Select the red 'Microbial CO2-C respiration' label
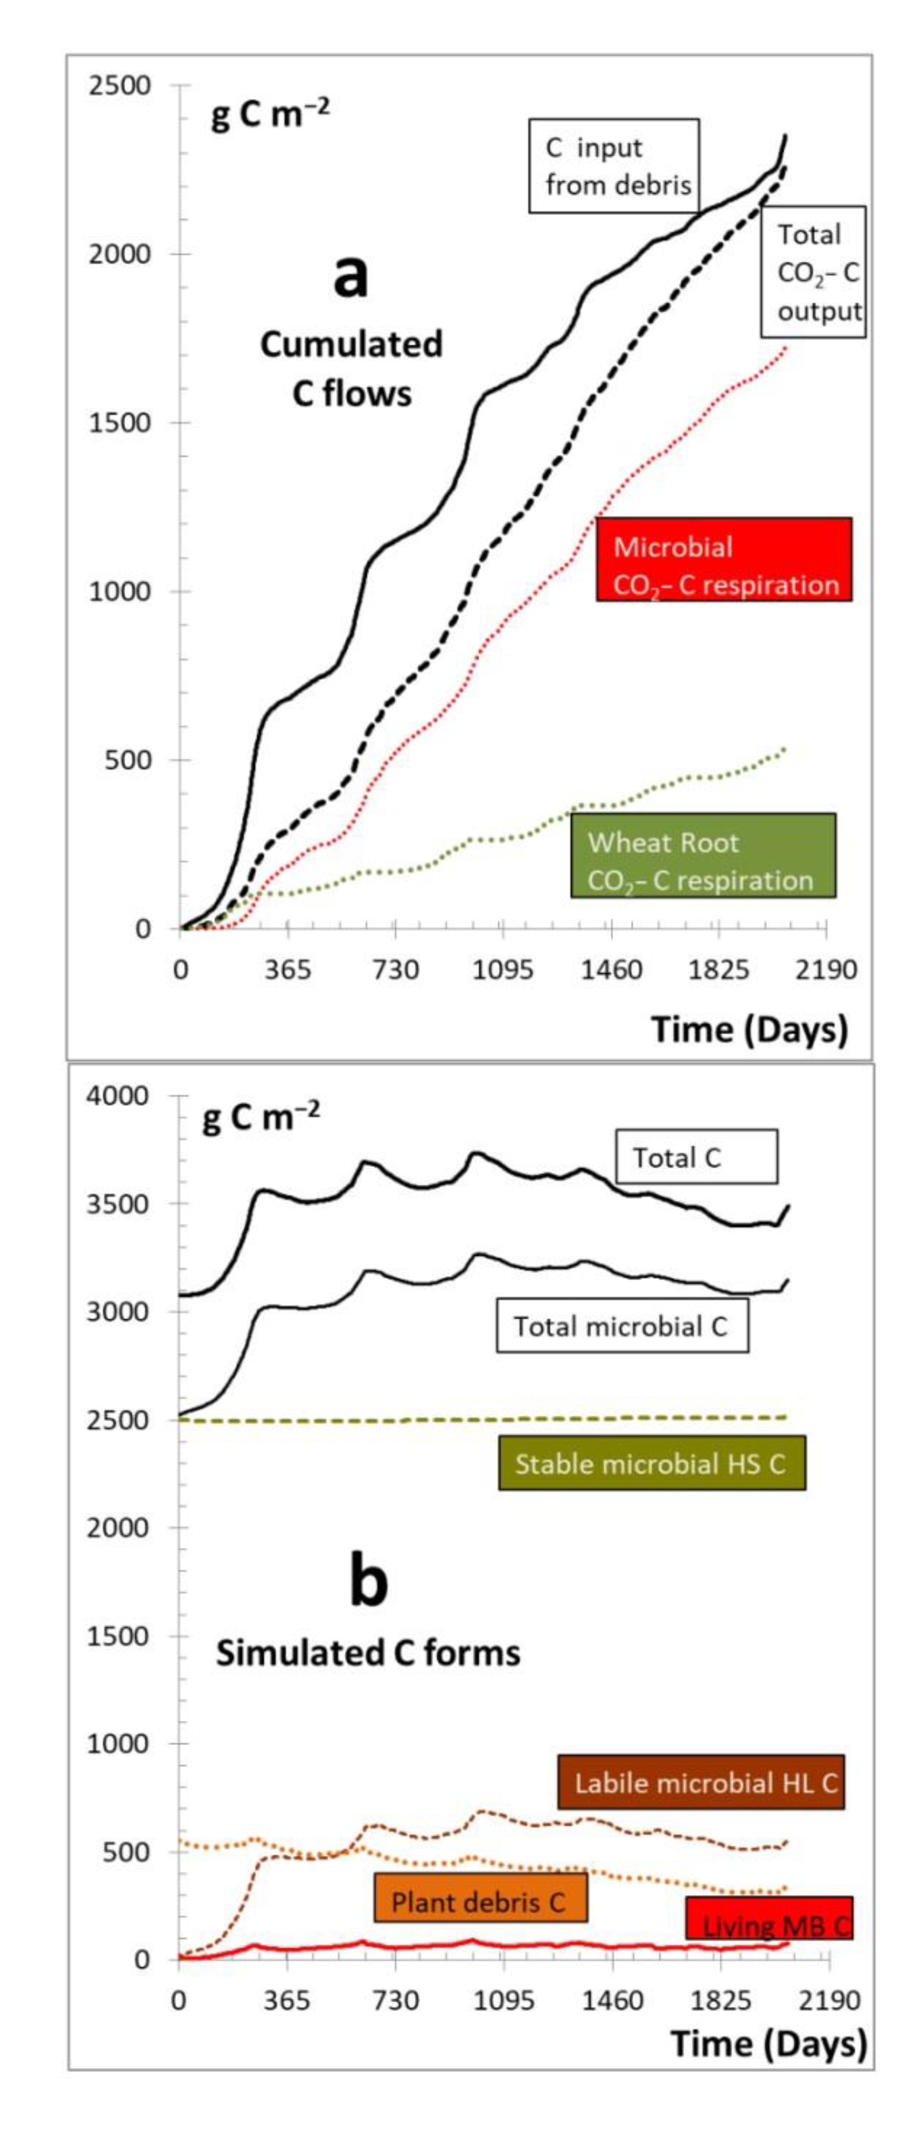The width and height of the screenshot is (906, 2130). pyautogui.click(x=723, y=565)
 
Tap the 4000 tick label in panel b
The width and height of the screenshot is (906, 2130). pyautogui.click(x=119, y=1096)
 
